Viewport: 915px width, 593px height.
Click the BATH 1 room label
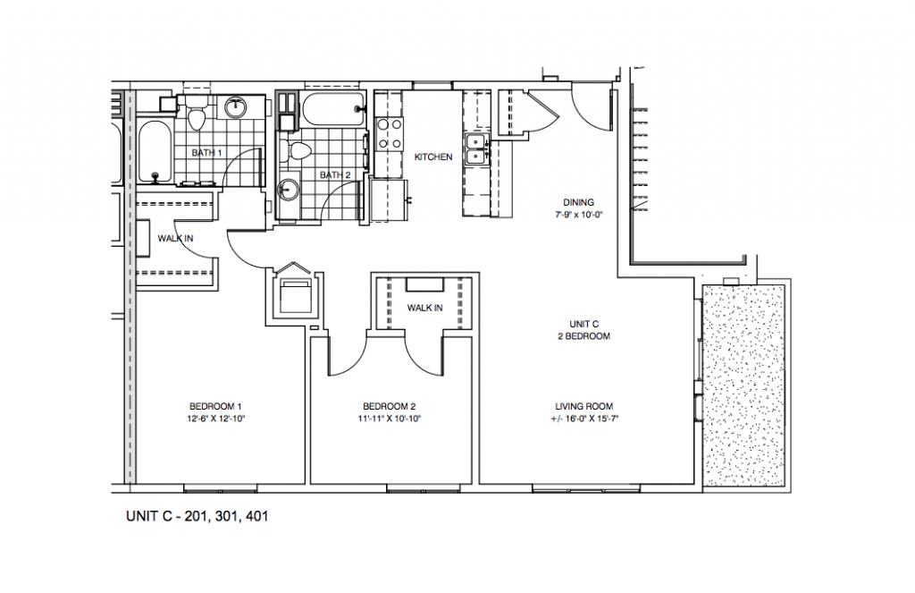tap(206, 153)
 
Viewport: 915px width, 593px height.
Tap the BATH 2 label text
tap(334, 174)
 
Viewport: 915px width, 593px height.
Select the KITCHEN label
tap(433, 157)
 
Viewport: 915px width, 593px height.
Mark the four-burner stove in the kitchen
tap(390, 133)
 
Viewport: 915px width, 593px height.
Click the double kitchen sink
tap(474, 148)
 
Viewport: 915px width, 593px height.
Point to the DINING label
tap(578, 202)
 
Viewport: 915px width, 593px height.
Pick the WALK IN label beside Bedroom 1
tap(175, 238)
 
